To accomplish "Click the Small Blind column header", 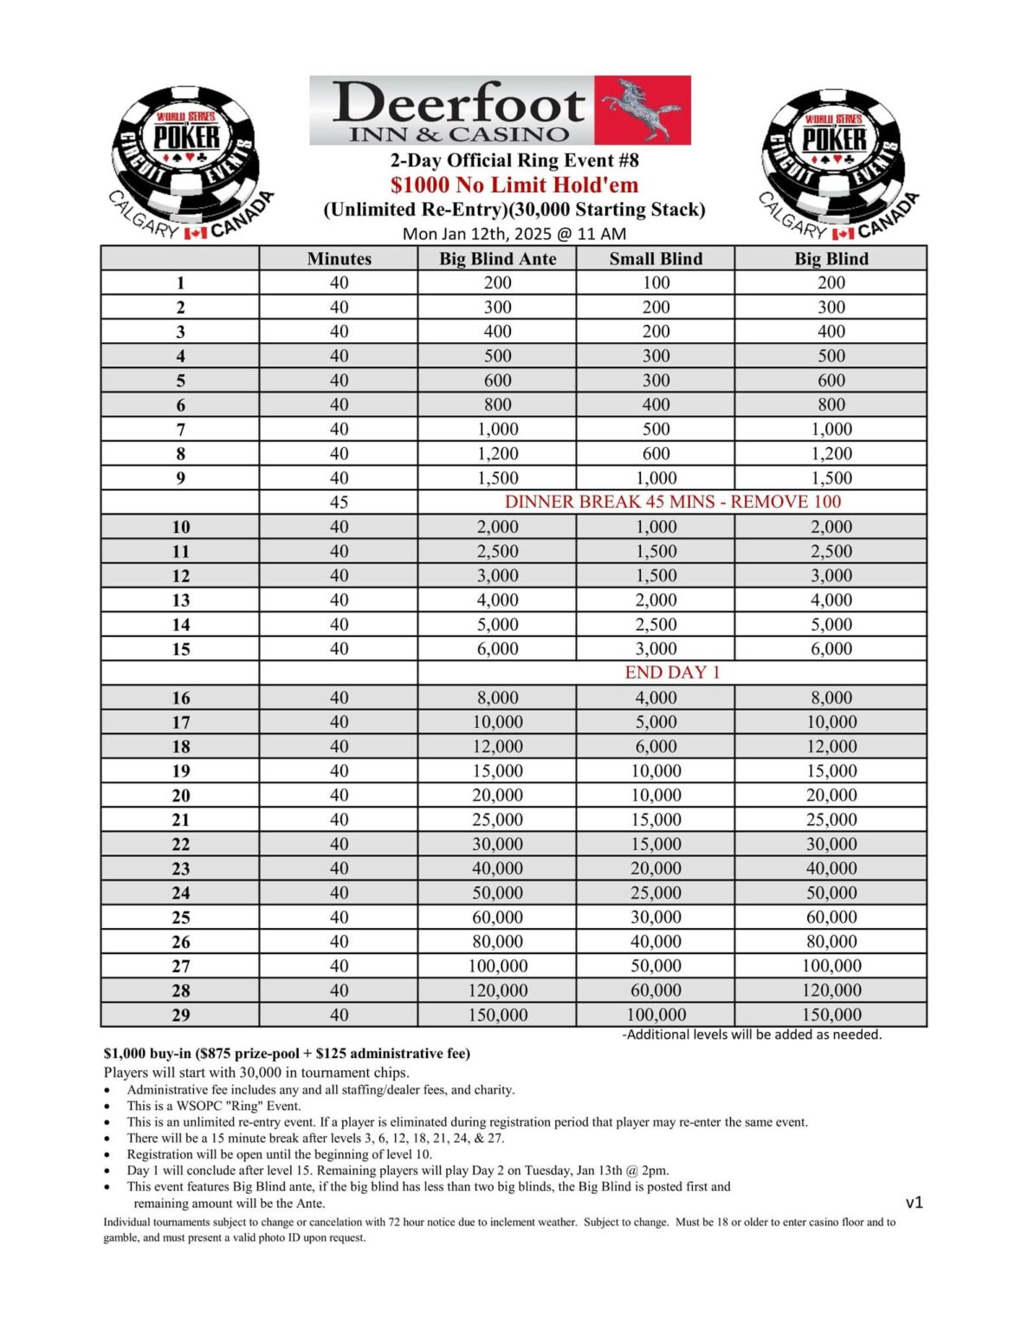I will point(656,258).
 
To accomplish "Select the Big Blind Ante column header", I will point(497,258).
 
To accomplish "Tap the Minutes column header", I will point(339,258).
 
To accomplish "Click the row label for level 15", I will point(180,649).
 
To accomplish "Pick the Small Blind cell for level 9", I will point(656,477).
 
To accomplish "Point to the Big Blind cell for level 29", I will point(831,1015).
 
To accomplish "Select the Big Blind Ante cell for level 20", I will point(497,795).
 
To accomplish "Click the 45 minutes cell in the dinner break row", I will point(339,503).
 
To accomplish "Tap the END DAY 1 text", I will point(672,672).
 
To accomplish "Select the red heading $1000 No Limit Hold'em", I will point(514,185).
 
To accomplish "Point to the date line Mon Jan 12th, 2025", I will point(514,234).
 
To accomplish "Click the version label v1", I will point(914,1202).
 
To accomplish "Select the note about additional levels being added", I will point(752,1035).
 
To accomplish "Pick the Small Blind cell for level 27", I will point(656,966).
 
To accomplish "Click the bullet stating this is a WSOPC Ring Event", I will point(214,1106).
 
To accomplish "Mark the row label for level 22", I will point(180,844).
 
